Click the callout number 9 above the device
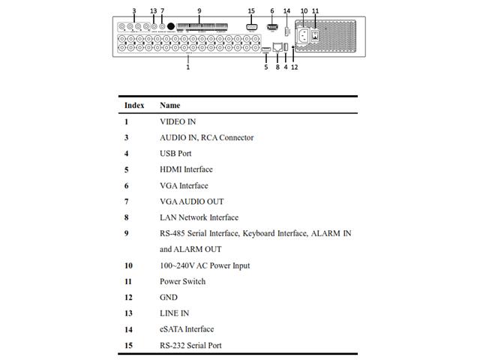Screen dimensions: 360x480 [x=199, y=10]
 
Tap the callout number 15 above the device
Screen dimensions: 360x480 [x=250, y=10]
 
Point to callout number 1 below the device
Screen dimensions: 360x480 [x=187, y=67]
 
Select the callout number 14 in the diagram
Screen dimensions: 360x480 [x=286, y=10]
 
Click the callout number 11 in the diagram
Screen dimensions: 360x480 [x=315, y=10]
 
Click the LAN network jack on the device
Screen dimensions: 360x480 [x=278, y=48]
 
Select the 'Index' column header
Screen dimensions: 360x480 [x=134, y=106]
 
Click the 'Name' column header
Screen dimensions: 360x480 [x=170, y=106]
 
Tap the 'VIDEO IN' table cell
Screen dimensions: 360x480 [x=178, y=121]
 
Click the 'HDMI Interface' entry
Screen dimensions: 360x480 [x=186, y=169]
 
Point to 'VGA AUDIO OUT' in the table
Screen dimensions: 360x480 [x=191, y=202]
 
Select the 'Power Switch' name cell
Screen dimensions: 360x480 [x=182, y=282]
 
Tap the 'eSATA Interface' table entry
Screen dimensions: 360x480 [x=187, y=329]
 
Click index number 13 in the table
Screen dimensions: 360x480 [x=128, y=313]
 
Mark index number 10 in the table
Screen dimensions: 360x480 [x=128, y=265]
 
